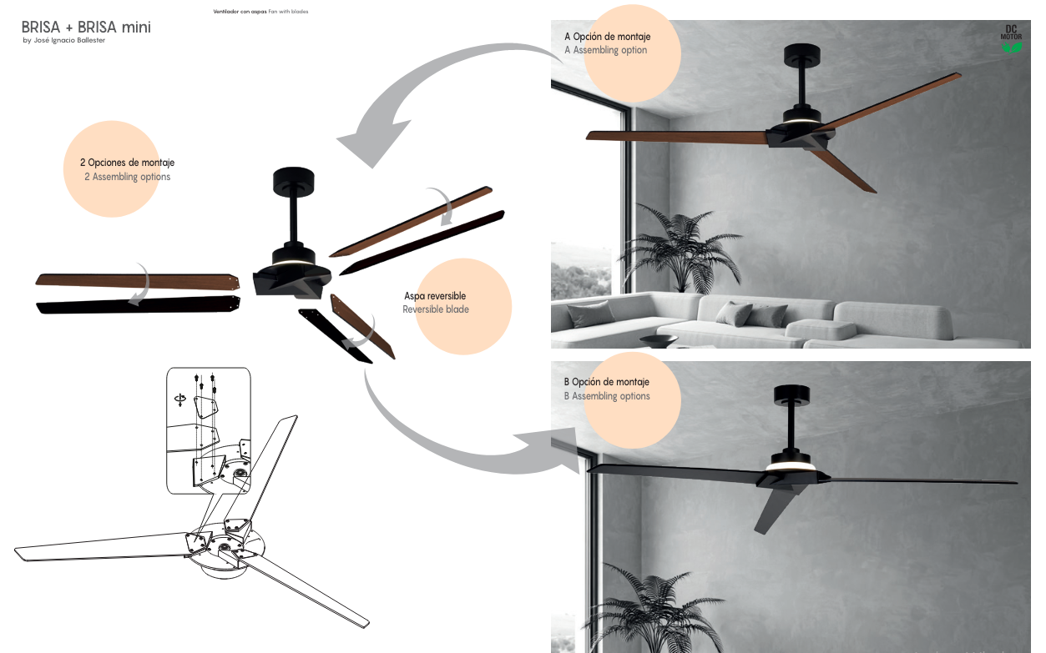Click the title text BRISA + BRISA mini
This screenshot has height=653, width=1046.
tap(86, 28)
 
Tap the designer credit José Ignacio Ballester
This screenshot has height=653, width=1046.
tap(69, 41)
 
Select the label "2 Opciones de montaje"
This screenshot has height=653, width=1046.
tap(127, 163)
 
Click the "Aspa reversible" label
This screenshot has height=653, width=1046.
tap(435, 296)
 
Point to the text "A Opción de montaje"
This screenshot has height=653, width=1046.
tap(607, 37)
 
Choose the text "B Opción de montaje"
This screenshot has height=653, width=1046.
tap(606, 381)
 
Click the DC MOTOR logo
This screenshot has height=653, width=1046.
tap(1011, 33)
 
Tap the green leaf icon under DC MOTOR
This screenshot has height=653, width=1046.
tap(1012, 48)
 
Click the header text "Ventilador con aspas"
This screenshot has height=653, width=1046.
tap(240, 12)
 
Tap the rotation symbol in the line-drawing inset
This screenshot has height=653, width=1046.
tap(180, 399)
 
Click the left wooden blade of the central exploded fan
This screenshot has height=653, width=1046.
tap(138, 281)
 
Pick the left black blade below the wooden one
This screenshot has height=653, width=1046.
tap(139, 304)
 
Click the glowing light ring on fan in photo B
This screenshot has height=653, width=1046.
tap(791, 467)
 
